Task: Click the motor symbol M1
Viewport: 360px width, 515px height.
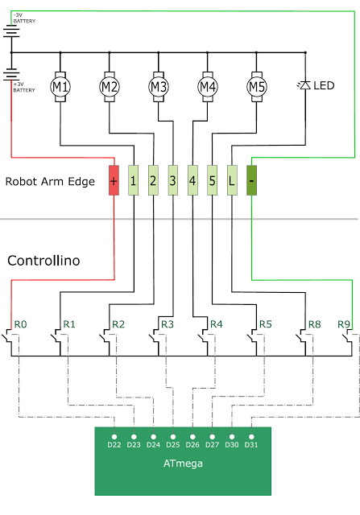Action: [x=60, y=87]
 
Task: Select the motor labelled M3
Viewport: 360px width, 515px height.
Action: [x=159, y=87]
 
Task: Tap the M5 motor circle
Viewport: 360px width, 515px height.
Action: [x=256, y=87]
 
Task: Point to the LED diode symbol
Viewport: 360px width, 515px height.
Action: [x=304, y=85]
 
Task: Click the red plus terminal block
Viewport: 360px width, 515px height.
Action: [x=114, y=180]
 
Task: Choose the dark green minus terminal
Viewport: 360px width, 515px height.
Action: [x=251, y=180]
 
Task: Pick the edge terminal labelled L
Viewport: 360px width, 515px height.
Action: [x=232, y=180]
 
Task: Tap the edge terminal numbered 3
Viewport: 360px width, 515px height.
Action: [x=173, y=180]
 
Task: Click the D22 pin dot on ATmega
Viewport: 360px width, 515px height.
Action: [x=114, y=437]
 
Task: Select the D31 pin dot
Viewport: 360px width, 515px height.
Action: [x=251, y=437]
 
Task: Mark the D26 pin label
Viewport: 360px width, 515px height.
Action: [x=192, y=445]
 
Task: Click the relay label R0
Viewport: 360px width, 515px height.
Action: [x=20, y=324]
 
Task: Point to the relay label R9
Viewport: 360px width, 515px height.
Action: [x=344, y=324]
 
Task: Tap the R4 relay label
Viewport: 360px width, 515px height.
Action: [x=217, y=324]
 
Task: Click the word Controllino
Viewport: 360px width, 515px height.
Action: [x=43, y=261]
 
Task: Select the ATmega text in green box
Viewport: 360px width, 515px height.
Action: [x=183, y=463]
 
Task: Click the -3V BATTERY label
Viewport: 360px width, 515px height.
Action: [x=24, y=18]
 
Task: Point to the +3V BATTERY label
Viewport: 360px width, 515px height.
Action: [x=24, y=87]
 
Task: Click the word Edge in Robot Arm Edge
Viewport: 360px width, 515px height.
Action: [x=81, y=182]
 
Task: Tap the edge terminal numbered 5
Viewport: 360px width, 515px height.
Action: [x=213, y=180]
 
